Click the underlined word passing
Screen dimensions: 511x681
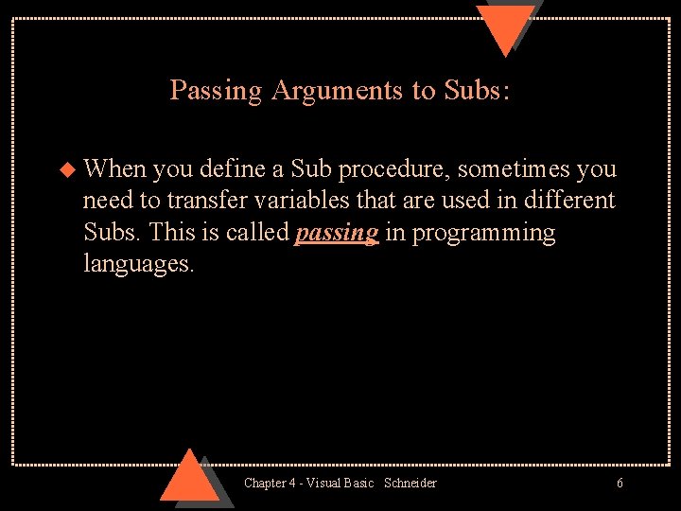337,233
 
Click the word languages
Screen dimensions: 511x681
138,263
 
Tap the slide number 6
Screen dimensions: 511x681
620,484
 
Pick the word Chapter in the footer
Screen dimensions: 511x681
266,484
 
